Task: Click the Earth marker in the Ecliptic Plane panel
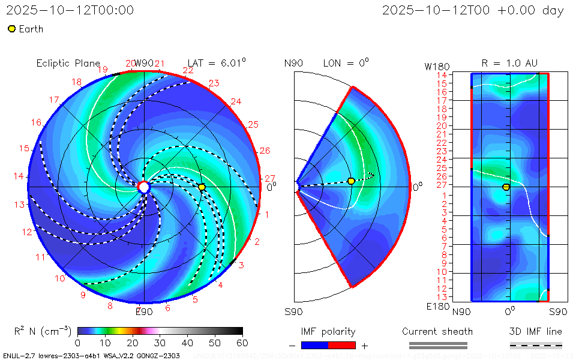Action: pyautogui.click(x=202, y=187)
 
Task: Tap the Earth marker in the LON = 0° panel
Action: pyautogui.click(x=351, y=181)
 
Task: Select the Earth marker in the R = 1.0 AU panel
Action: pyautogui.click(x=506, y=187)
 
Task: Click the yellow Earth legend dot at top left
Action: pyautogui.click(x=11, y=29)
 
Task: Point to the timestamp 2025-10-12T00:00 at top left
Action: pyautogui.click(x=70, y=10)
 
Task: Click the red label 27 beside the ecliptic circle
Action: pyautogui.click(x=270, y=178)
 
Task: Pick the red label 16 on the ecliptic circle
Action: pyautogui.click(x=36, y=122)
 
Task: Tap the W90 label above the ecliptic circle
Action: pyautogui.click(x=144, y=63)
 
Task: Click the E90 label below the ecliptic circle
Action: pyautogui.click(x=144, y=311)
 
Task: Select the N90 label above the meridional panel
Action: pyautogui.click(x=293, y=63)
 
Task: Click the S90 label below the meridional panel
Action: pyautogui.click(x=293, y=311)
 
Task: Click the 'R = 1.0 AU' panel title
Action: pyautogui.click(x=509, y=63)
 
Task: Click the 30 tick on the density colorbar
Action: pyautogui.click(x=160, y=343)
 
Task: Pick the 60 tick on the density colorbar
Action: pyautogui.click(x=242, y=343)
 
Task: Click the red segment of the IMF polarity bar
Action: pyautogui.click(x=342, y=346)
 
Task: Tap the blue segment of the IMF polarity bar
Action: pyautogui.click(x=315, y=346)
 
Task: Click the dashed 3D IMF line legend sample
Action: pyautogui.click(x=536, y=345)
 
